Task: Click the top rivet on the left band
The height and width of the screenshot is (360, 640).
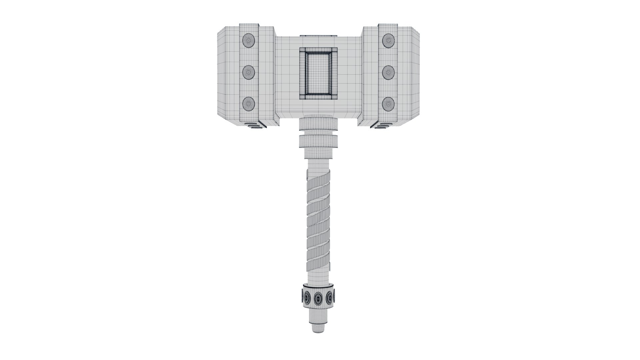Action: [249, 40]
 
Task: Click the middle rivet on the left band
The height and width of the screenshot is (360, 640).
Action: [249, 72]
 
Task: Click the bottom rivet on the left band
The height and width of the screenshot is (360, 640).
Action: [249, 104]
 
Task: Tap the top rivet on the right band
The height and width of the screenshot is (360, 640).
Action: [388, 40]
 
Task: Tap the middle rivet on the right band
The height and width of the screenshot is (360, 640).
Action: [388, 72]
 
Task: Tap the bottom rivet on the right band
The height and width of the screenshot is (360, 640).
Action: [388, 104]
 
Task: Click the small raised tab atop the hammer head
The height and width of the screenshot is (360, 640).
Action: [318, 35]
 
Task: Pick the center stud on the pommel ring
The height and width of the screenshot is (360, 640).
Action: [318, 297]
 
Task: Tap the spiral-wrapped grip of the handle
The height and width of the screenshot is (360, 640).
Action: [319, 220]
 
